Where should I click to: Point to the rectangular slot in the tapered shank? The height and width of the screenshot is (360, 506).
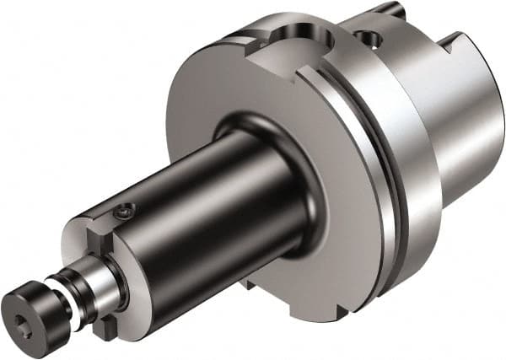pos(452,42)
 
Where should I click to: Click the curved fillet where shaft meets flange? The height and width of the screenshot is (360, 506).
pos(295,211)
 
